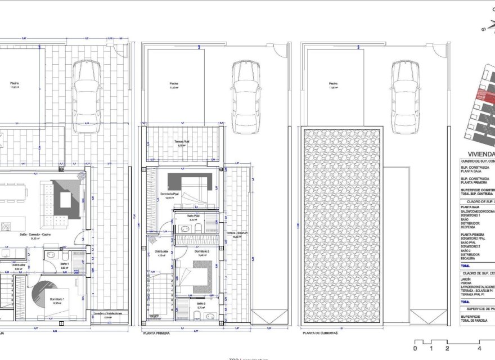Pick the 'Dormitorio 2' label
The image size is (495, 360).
click(203, 251)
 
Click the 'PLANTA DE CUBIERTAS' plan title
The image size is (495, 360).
click(321, 333)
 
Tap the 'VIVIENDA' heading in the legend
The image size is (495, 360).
click(481, 154)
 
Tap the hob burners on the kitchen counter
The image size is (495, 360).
click(7, 227)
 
